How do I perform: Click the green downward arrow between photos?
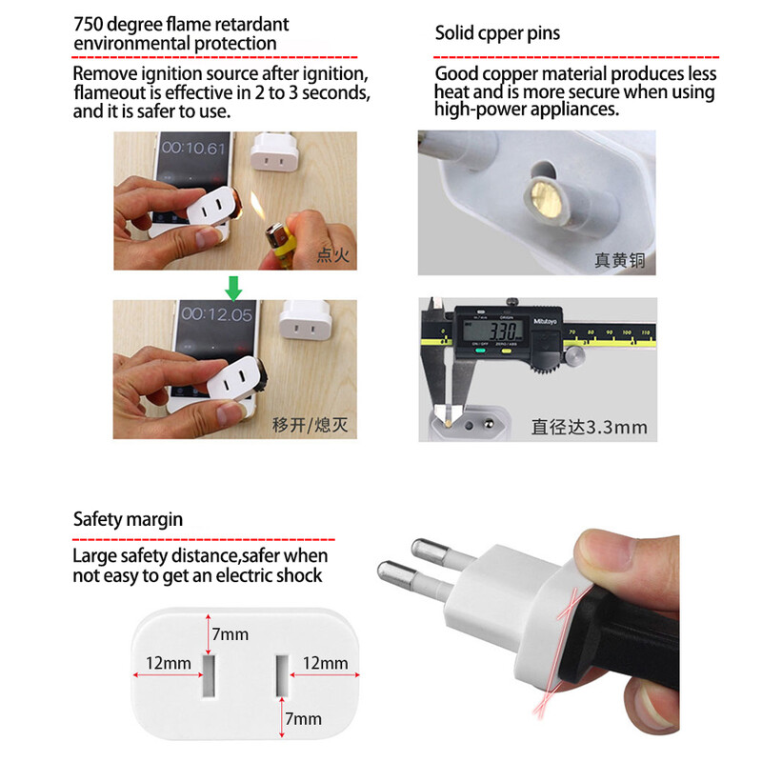pyautogui.click(x=233, y=286)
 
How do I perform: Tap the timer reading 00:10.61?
pyautogui.click(x=193, y=148)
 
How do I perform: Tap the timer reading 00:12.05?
pyautogui.click(x=217, y=313)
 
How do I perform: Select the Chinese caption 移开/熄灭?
pyautogui.click(x=311, y=424)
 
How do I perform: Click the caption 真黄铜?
pyautogui.click(x=619, y=259)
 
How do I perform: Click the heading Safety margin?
pyautogui.click(x=128, y=519)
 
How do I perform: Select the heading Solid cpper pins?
pyautogui.click(x=497, y=33)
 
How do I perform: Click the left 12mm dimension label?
pyautogui.click(x=170, y=662)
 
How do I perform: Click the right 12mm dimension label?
pyautogui.click(x=326, y=662)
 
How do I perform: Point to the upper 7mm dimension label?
pyautogui.click(x=230, y=633)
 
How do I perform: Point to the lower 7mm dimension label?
pyautogui.click(x=305, y=719)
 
